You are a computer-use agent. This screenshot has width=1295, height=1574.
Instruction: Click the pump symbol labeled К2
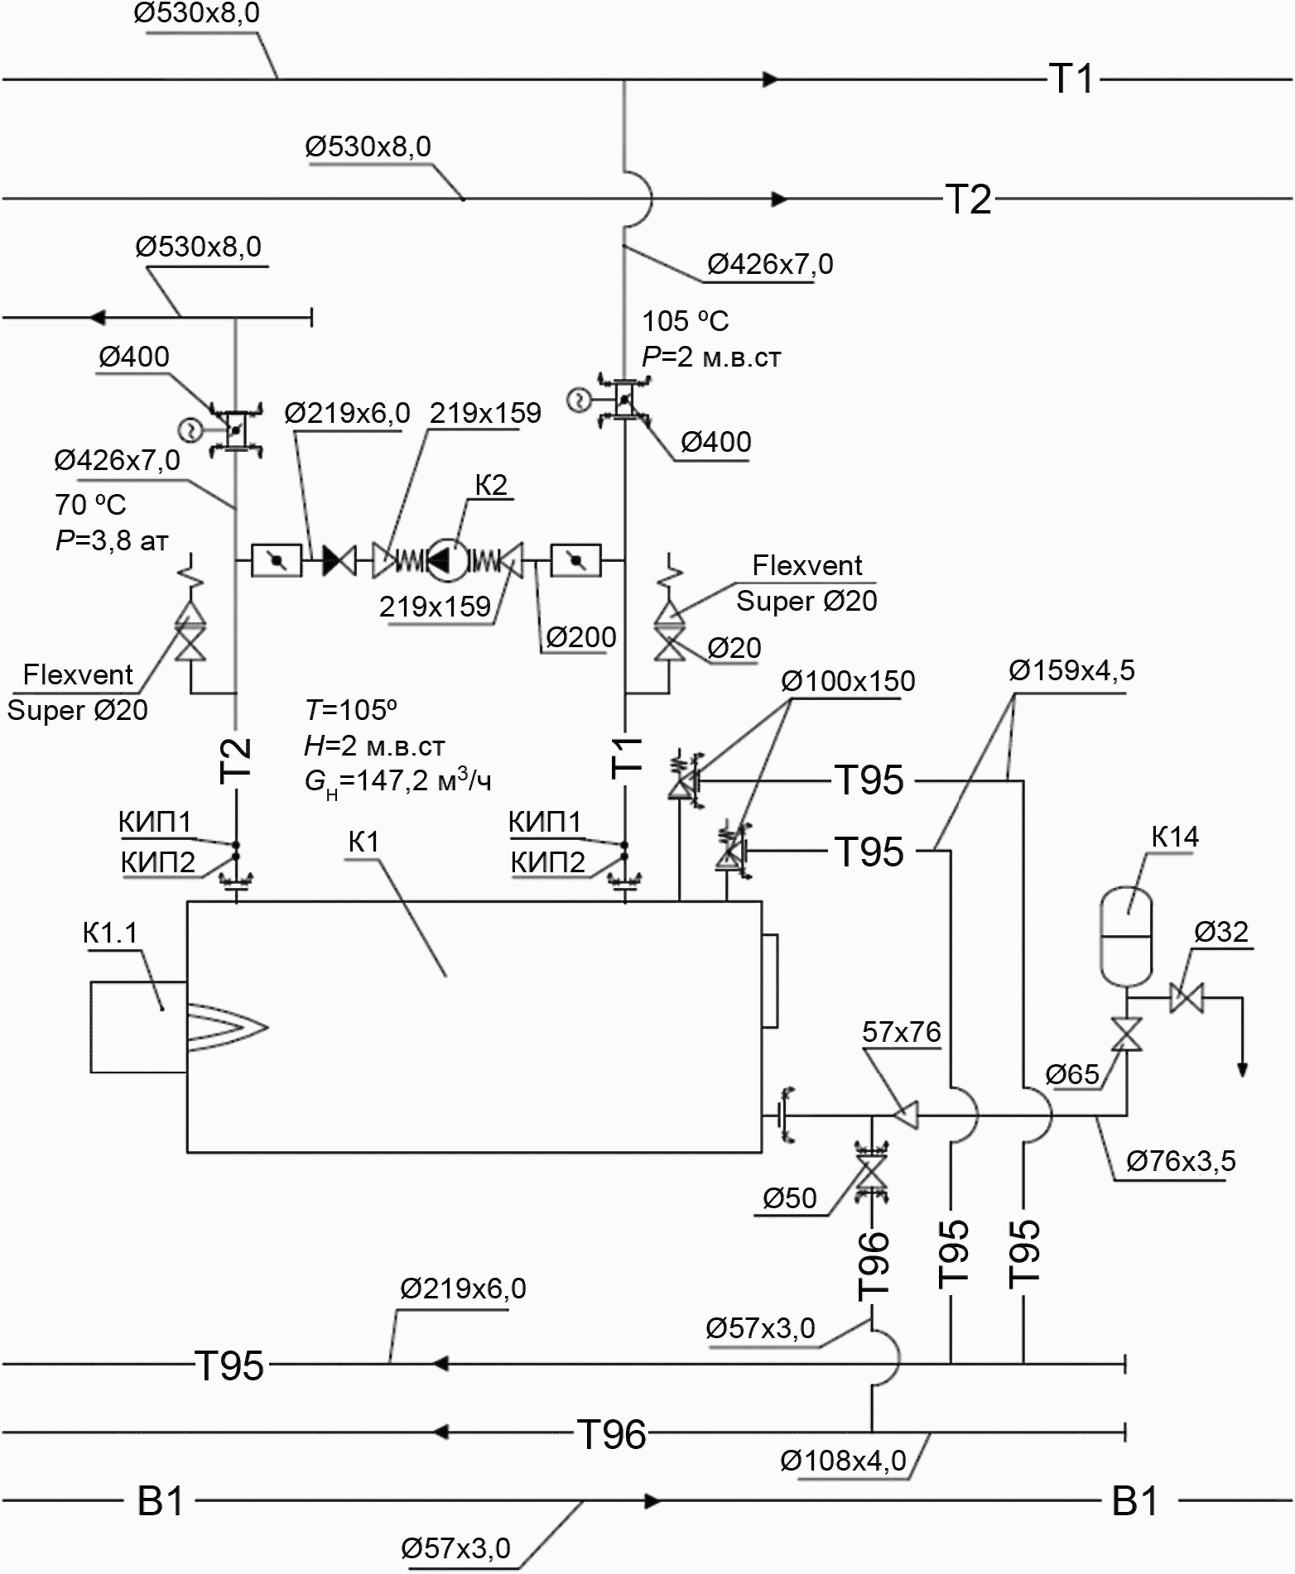click(x=441, y=561)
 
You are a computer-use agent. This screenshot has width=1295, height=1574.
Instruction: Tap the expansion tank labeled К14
click(x=1125, y=936)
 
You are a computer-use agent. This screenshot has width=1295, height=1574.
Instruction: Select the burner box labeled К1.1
click(x=138, y=1026)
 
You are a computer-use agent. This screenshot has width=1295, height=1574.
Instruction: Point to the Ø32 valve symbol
click(x=1187, y=997)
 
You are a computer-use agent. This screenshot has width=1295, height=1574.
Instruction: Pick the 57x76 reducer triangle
click(x=906, y=1115)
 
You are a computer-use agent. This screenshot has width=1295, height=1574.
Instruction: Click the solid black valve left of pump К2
click(x=339, y=561)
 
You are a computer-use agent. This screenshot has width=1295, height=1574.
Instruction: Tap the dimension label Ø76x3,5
click(x=1181, y=1162)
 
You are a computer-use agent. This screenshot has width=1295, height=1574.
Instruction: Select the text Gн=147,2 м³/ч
click(x=398, y=781)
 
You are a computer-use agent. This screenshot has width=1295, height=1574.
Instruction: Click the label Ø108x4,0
click(x=843, y=1461)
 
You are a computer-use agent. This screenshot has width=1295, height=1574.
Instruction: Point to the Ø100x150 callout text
click(x=848, y=681)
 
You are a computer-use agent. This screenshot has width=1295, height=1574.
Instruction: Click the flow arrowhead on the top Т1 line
click(x=771, y=79)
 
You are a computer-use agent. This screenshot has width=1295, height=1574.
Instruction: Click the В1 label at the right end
click(x=1134, y=1502)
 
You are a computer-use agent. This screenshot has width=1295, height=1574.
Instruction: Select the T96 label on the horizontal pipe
click(x=611, y=1435)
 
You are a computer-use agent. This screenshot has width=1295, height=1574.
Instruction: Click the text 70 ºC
click(x=91, y=504)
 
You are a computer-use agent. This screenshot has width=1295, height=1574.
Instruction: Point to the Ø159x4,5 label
click(x=1071, y=670)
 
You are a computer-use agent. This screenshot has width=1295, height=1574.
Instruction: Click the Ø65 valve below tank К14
click(x=1126, y=1034)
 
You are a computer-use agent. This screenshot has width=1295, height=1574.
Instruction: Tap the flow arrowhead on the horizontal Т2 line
click(x=779, y=199)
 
